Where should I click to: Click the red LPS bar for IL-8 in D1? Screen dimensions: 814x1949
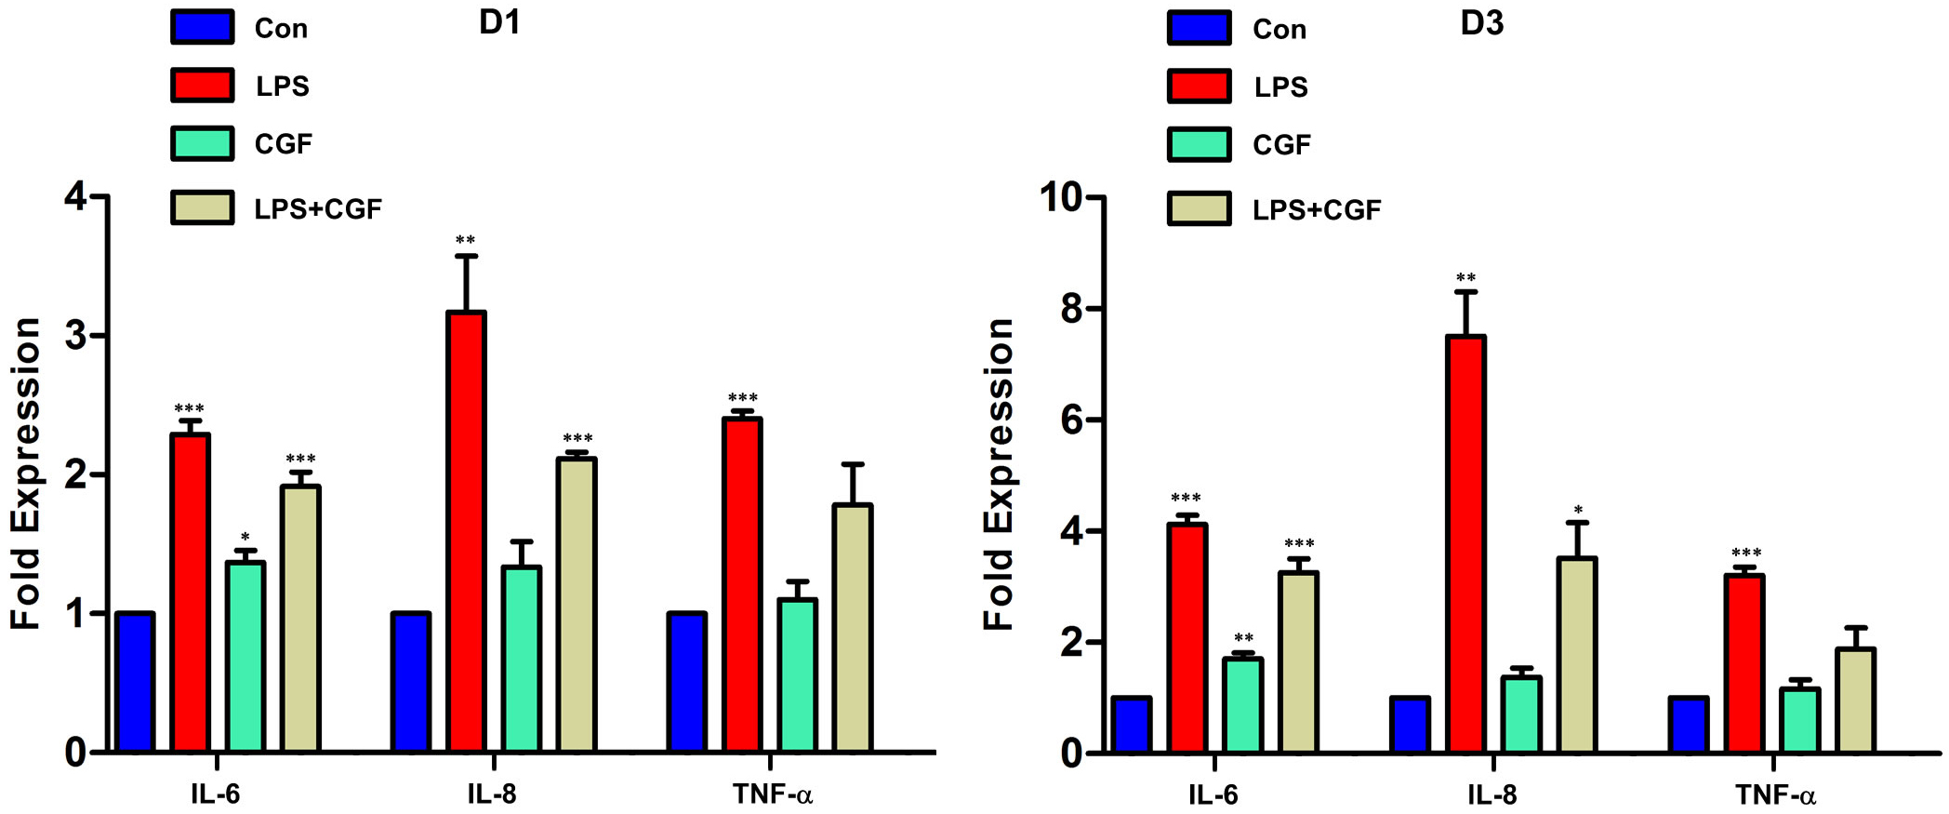[466, 530]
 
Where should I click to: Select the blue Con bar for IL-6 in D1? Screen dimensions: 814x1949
[135, 681]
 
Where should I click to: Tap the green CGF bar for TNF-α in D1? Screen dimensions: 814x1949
[797, 674]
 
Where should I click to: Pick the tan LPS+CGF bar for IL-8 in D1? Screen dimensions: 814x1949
[577, 605]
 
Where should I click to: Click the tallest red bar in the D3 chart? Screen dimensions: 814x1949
[1465, 544]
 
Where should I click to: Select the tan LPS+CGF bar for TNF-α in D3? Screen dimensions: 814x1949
[1855, 700]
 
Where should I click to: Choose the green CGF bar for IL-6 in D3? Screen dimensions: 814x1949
[1242, 704]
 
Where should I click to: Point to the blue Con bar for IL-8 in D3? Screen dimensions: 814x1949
[1410, 724]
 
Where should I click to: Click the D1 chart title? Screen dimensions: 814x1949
[499, 22]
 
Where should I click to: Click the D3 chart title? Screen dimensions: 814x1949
[1481, 23]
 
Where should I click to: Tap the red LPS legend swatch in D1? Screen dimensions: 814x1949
[202, 85]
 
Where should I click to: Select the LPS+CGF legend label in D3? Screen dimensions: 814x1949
[1316, 210]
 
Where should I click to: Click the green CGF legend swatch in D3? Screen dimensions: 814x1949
[1199, 144]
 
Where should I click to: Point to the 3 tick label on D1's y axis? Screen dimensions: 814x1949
[75, 336]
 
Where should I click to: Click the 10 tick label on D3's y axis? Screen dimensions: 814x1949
[1062, 197]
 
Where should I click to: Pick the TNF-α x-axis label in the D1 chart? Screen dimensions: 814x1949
[772, 794]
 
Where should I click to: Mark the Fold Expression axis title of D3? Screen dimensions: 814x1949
[999, 474]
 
